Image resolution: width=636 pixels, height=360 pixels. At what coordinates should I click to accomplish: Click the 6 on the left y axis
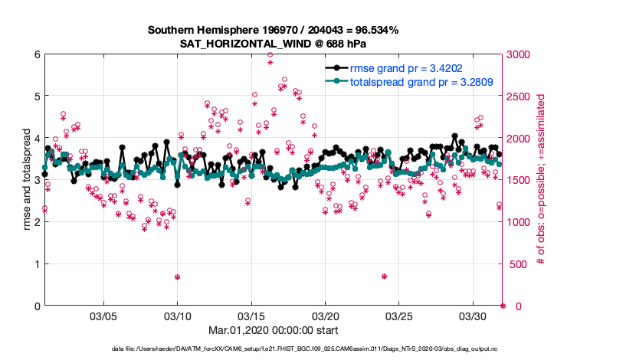36,54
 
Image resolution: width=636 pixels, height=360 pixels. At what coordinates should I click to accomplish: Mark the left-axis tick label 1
36,264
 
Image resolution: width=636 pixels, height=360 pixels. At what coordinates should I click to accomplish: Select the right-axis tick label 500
519,264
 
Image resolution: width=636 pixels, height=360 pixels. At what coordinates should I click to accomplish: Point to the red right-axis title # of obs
541,181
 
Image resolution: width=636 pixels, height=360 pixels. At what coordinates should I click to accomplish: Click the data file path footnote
317,349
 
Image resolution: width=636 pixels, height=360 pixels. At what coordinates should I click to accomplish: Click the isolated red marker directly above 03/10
177,277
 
